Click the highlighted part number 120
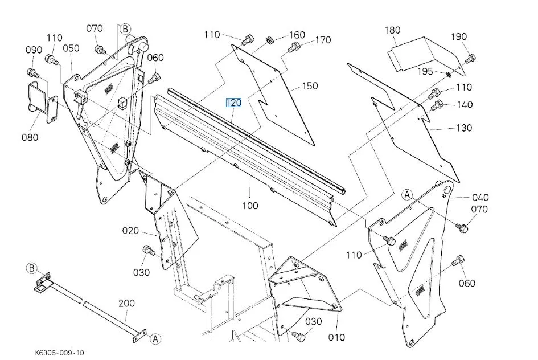(234, 103)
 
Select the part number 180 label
(408, 30)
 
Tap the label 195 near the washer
(425, 71)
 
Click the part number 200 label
(126, 304)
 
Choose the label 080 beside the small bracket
(30, 137)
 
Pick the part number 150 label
(310, 86)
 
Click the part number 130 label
(464, 128)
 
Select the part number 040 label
(480, 198)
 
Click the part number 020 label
(130, 231)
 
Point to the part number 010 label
(336, 337)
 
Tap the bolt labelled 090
(32, 73)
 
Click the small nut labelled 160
(270, 41)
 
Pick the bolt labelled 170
(291, 50)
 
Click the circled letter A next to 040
(406, 195)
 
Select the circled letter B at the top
(125, 28)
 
